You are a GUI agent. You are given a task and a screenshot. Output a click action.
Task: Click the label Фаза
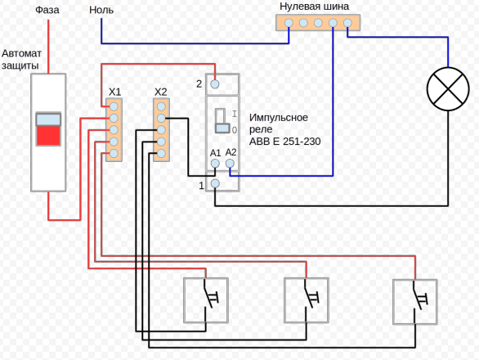pos(47,10)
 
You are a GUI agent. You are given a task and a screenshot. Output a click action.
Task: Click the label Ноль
pos(101,10)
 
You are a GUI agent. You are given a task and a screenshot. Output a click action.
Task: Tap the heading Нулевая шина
pos(314,7)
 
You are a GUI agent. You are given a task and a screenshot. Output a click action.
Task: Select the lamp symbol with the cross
pos(448,88)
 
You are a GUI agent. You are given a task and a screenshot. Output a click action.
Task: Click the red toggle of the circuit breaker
pos(48,136)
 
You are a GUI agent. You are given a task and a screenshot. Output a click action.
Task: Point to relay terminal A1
pos(215,164)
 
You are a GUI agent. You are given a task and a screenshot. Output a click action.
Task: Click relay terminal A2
pos(230,164)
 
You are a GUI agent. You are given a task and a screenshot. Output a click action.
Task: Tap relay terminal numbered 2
pos(215,84)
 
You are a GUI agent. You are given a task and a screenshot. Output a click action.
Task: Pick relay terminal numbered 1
pos(215,183)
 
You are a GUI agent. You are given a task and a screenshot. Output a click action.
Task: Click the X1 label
pos(115,92)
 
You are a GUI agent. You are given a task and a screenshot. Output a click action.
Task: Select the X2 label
pos(161,92)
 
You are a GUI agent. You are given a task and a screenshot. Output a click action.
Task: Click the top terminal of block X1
pos(114,106)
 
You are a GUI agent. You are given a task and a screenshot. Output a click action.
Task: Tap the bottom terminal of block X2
pos(161,154)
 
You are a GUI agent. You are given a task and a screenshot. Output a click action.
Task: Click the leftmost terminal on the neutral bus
pos(289,23)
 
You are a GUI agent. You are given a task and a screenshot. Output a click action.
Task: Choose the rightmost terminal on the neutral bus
pos(347,23)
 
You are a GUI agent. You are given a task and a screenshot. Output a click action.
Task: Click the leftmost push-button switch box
pos(206,300)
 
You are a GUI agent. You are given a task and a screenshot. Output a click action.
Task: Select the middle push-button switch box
pos(306,300)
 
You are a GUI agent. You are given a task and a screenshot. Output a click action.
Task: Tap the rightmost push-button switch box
pos(415,302)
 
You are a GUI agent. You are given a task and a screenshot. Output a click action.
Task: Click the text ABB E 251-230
pos(284,142)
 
